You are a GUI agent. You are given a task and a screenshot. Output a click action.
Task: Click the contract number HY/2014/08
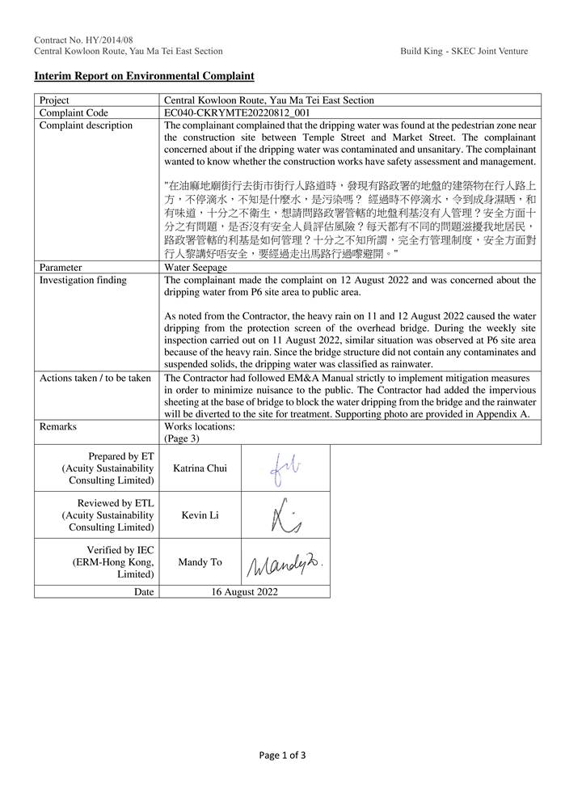pyautogui.click(x=83, y=39)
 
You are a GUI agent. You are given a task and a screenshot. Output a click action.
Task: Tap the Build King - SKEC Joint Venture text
pyautogui.click(x=463, y=51)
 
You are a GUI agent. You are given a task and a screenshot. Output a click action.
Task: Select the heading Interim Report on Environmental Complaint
pyautogui.click(x=144, y=76)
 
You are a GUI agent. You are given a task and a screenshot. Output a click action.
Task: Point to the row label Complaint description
pyautogui.click(x=86, y=126)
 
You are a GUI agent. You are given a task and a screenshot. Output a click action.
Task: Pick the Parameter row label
pyautogui.click(x=61, y=267)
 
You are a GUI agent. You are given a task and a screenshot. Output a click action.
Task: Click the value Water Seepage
pyautogui.click(x=196, y=267)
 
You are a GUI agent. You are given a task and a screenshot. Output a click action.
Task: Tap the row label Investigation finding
pyautogui.click(x=83, y=280)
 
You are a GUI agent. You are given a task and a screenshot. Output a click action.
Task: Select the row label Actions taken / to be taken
pyautogui.click(x=95, y=378)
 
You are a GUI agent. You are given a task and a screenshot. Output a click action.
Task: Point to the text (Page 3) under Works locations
pyautogui.click(x=181, y=438)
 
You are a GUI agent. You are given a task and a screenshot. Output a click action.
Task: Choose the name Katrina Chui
pyautogui.click(x=199, y=468)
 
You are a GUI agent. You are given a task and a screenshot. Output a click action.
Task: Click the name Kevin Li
pyautogui.click(x=199, y=515)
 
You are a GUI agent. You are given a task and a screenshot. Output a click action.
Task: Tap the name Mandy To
pyautogui.click(x=199, y=562)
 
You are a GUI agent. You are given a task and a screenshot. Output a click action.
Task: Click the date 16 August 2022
pyautogui.click(x=244, y=591)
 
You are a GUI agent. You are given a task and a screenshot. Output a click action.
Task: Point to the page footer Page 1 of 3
pyautogui.click(x=282, y=756)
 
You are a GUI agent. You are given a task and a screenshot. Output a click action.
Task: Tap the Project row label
pyautogui.click(x=55, y=101)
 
